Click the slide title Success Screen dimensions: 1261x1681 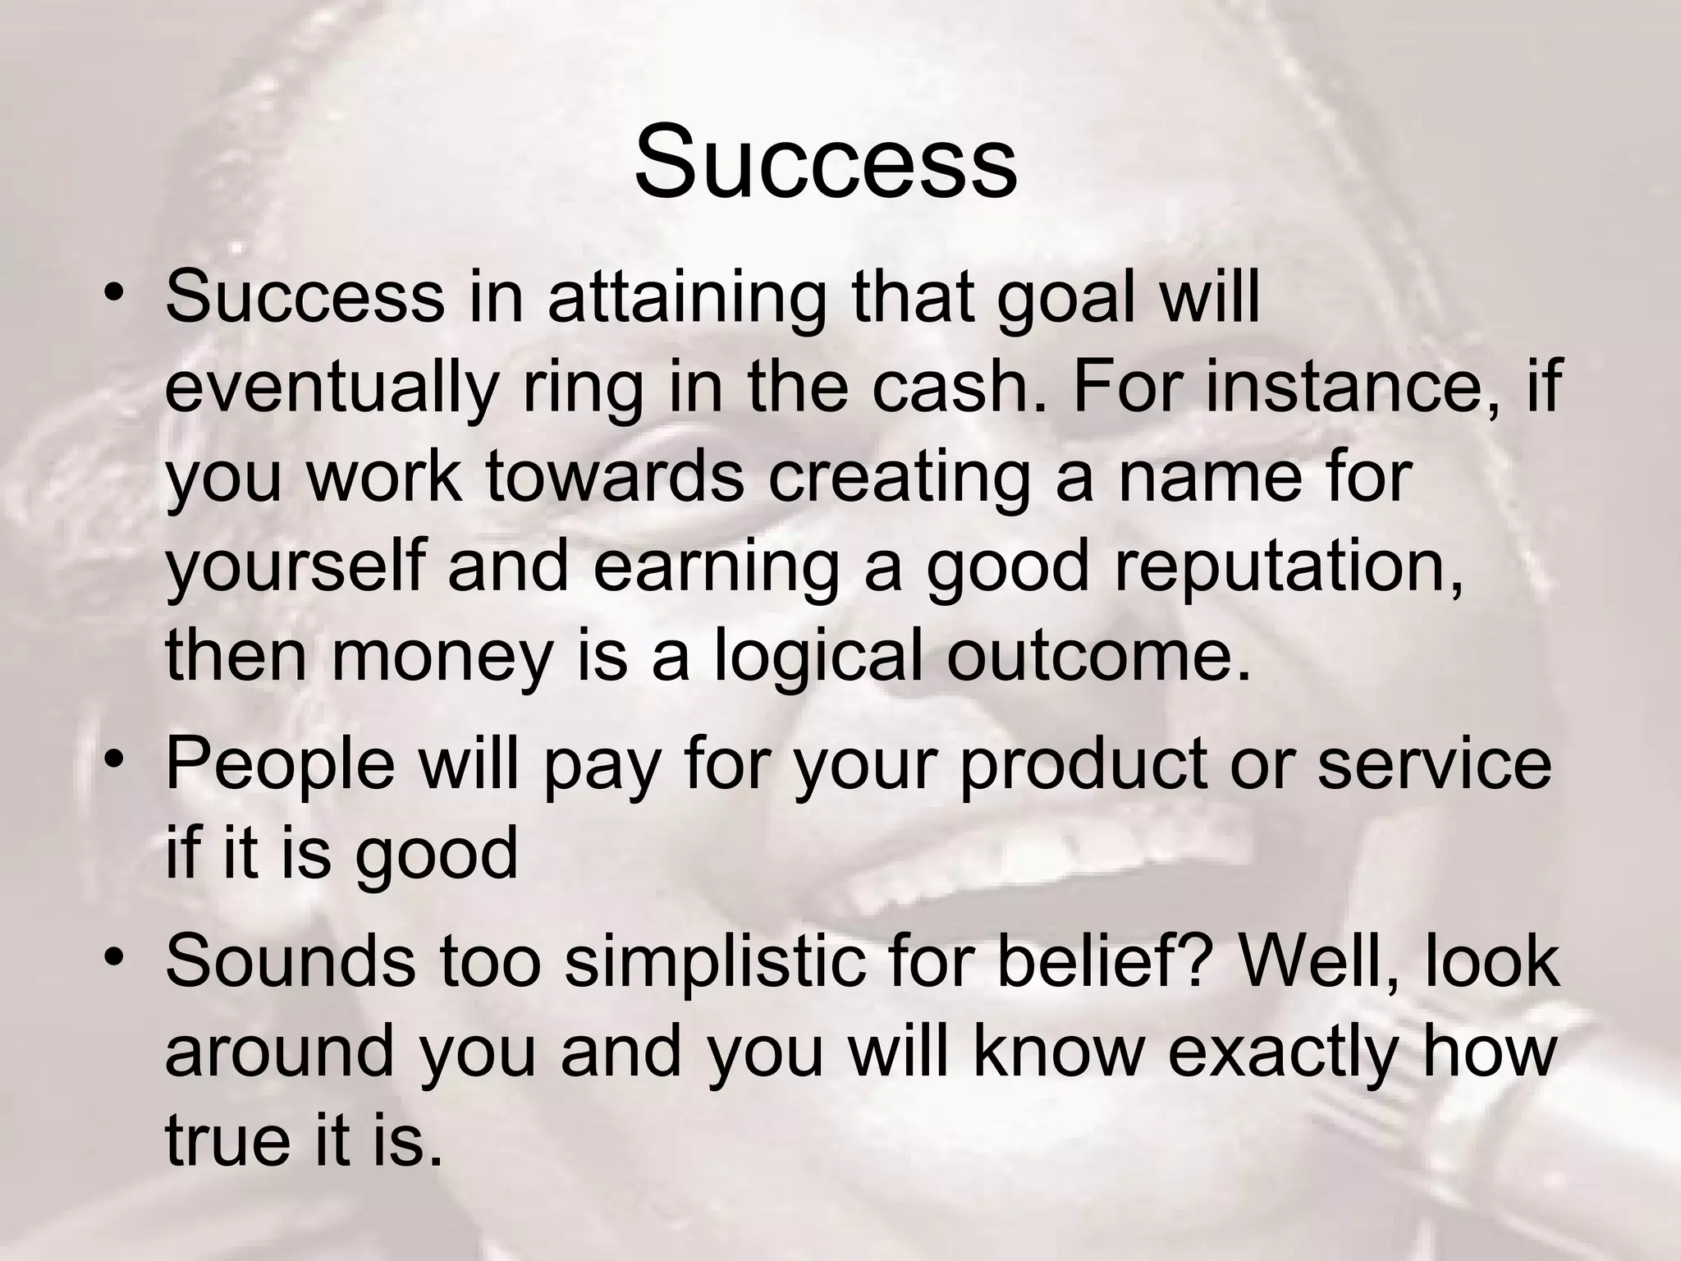[x=826, y=162]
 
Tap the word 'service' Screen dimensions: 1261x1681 [x=1434, y=763]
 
